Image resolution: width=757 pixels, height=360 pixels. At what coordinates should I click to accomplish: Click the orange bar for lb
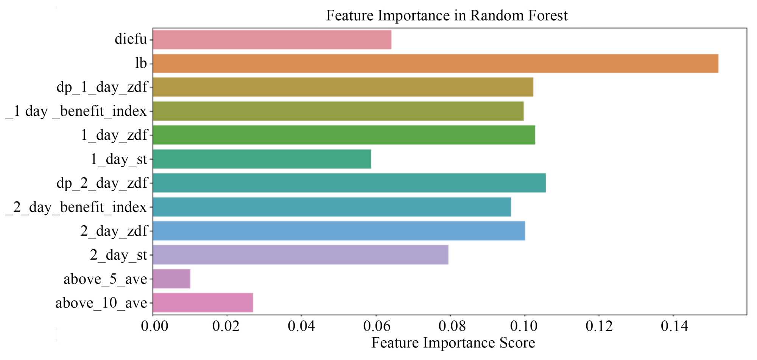(x=436, y=63)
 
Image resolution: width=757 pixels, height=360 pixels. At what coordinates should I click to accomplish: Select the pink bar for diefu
(x=272, y=39)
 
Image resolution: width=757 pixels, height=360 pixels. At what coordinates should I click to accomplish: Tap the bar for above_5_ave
(x=171, y=279)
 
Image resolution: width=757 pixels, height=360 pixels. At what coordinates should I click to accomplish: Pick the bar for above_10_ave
(x=203, y=303)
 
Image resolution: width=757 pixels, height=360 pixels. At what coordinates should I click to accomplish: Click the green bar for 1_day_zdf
(x=344, y=135)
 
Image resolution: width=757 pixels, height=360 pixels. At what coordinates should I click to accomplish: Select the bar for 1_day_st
(x=262, y=159)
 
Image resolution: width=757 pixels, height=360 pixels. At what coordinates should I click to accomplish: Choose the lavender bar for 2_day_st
(x=301, y=255)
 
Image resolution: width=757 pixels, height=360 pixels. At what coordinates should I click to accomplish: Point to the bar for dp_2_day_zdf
(x=349, y=183)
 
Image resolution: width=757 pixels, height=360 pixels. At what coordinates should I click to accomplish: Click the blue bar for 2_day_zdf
(x=339, y=231)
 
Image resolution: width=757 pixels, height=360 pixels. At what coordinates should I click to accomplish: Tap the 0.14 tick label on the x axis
(x=674, y=326)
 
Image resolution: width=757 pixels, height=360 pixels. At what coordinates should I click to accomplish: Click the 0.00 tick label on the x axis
(x=154, y=326)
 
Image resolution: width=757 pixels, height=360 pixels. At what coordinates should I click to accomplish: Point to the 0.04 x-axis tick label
(x=301, y=326)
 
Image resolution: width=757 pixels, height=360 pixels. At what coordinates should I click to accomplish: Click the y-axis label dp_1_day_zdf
(x=102, y=87)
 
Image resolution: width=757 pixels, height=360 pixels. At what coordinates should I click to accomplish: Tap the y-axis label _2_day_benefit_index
(x=76, y=207)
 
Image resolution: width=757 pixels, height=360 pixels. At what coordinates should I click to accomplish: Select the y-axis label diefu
(x=131, y=39)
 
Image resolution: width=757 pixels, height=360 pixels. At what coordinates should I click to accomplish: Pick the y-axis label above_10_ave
(x=101, y=303)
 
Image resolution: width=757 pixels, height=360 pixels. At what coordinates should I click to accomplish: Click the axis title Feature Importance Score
(x=453, y=343)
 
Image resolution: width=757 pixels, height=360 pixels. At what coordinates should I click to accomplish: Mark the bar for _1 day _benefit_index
(x=338, y=111)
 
